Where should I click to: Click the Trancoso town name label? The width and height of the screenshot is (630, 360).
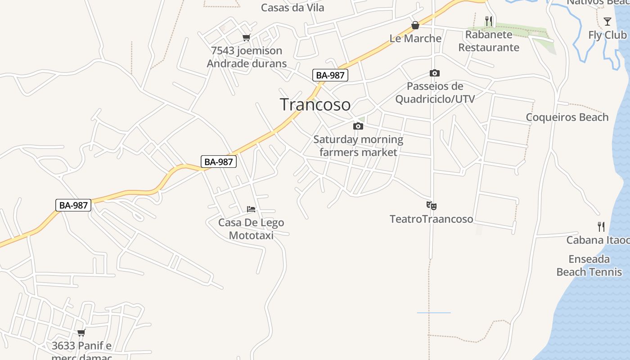tap(315, 104)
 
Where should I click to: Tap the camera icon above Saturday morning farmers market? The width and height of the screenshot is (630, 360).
tap(358, 126)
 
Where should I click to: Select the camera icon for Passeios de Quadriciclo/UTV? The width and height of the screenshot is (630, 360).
tap(435, 73)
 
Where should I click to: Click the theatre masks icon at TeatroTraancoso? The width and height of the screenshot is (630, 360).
tap(432, 206)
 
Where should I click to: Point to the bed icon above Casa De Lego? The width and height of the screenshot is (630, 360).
tap(251, 209)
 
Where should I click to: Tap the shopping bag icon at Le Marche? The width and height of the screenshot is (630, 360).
tap(415, 25)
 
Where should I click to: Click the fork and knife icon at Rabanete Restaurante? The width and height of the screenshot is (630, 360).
tap(489, 21)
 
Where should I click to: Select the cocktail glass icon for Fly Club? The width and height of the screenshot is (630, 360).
tap(607, 21)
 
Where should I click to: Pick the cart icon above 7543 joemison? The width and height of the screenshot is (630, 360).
tap(246, 37)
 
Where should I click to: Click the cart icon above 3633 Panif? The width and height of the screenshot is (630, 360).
tap(81, 333)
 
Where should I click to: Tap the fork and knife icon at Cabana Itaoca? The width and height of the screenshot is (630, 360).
tap(601, 226)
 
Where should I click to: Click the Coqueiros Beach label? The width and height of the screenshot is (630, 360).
tap(567, 117)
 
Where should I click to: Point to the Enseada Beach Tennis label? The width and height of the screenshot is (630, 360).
tap(589, 265)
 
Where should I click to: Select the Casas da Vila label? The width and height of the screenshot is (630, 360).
tap(292, 8)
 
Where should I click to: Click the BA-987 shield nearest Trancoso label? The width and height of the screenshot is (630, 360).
tap(330, 75)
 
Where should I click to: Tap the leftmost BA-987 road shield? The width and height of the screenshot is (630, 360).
tap(73, 205)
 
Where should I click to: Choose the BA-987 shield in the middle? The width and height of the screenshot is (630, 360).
tap(218, 162)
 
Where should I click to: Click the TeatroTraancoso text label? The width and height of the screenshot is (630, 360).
tap(432, 219)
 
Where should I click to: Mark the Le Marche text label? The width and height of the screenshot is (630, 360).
tap(415, 38)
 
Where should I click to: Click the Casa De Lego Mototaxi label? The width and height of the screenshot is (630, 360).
tap(251, 229)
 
